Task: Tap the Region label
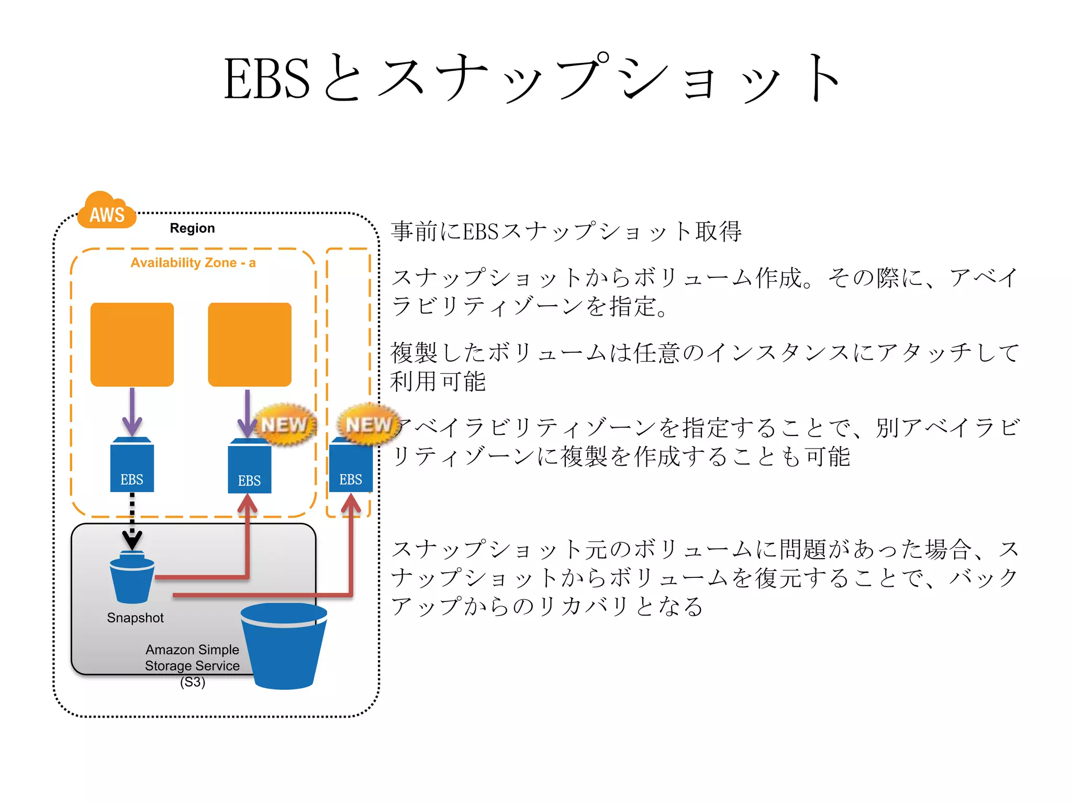pos(192,228)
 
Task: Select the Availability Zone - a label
pos(193,263)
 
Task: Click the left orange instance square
pos(132,344)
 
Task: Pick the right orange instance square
pos(250,344)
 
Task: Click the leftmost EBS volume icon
pos(132,466)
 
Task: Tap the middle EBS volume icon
pos(250,467)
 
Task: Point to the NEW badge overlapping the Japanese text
pos(368,425)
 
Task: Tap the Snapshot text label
pos(135,618)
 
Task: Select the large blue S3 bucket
pos(284,646)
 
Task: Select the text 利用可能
pos(438,381)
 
